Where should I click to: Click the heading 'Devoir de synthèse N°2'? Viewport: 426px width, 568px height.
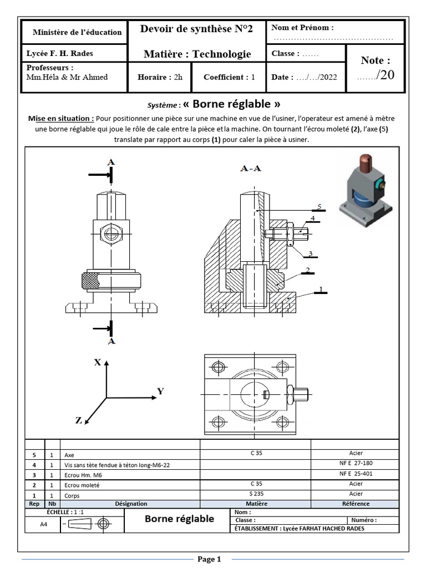coord(197,29)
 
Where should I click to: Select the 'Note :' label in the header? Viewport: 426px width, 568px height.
coord(375,60)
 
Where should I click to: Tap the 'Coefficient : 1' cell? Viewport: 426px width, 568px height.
coord(229,78)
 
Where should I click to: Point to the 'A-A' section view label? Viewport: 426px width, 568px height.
coord(251,168)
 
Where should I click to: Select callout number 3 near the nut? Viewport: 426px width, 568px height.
coord(311,253)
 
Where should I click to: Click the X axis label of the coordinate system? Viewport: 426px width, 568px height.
coord(97,362)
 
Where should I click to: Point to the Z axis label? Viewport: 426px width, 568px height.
coord(79,420)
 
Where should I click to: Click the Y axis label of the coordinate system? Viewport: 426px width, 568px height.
coord(160,391)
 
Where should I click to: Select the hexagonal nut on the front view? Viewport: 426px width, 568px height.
coord(111,232)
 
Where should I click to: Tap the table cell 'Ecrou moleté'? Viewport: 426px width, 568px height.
coord(80,484)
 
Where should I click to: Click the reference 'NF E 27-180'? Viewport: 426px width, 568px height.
coord(356,463)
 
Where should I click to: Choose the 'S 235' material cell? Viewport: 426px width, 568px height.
coord(256,494)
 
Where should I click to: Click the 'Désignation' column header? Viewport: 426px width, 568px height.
coord(131,504)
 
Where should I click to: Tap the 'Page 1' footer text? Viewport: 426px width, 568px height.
coord(209,559)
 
